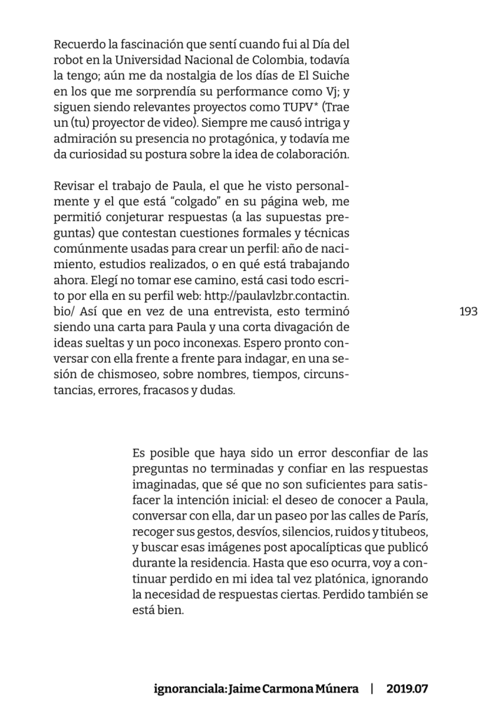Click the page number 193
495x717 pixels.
[468, 311]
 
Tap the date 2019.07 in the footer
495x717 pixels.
[406, 688]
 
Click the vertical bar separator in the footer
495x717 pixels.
[372, 688]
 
